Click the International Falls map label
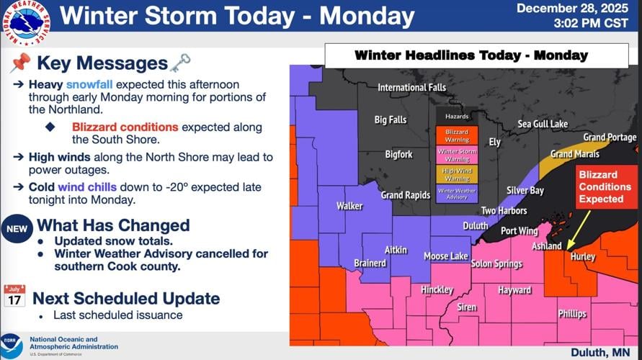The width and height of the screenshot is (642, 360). pos(412,88)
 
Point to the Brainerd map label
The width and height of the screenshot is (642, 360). pos(370,264)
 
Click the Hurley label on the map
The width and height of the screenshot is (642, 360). pos(583,256)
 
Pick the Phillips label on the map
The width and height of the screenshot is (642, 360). pos(572,314)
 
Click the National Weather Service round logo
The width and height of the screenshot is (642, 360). pos(24,25)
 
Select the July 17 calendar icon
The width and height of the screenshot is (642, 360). pos(14,296)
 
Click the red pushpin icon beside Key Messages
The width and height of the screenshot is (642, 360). pos(19,64)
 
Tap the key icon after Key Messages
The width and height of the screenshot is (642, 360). pos(179,63)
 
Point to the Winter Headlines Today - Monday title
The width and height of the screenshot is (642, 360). pos(471,55)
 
